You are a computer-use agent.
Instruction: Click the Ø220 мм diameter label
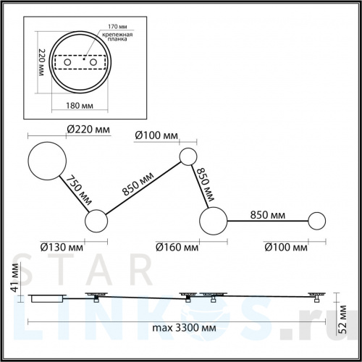[88, 130]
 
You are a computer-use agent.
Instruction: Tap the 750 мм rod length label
[79, 190]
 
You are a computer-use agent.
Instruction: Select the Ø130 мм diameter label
[62, 247]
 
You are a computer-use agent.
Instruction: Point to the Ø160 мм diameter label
[177, 247]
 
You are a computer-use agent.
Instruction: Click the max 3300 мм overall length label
[184, 328]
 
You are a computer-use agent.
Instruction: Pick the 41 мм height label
[15, 277]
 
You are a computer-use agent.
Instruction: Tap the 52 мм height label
[342, 319]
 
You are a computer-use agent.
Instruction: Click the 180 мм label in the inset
[80, 106]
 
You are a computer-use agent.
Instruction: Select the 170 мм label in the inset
[117, 26]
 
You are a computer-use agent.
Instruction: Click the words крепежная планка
[117, 37]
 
